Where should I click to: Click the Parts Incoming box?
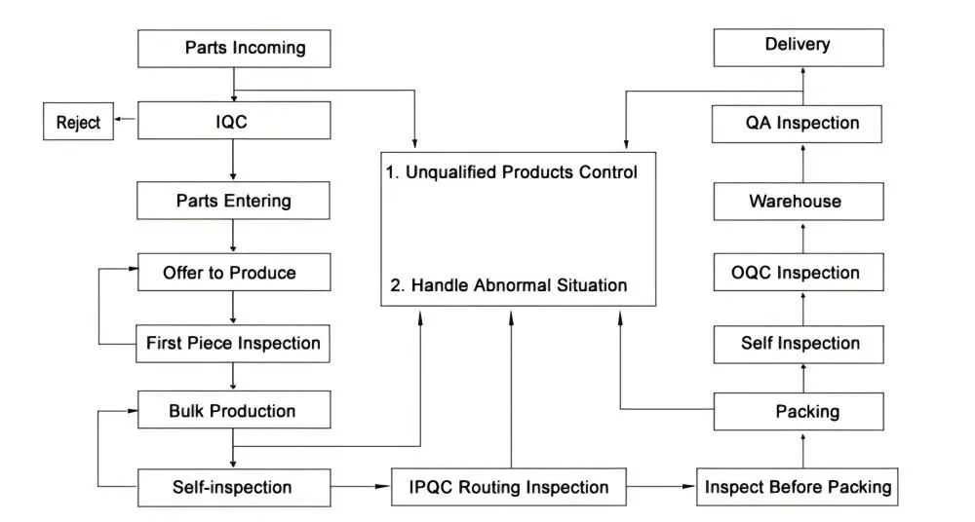tap(234, 48)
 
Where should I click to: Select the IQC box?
tap(234, 124)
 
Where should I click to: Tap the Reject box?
tap(77, 124)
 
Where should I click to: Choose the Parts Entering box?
tap(234, 202)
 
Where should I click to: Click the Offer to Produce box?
tap(234, 273)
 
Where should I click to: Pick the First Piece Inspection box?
tap(234, 343)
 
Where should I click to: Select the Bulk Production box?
tap(234, 411)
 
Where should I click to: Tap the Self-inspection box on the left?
tap(234, 486)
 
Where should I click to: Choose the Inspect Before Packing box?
tap(799, 486)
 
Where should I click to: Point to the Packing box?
tap(799, 411)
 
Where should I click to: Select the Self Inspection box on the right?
tap(799, 343)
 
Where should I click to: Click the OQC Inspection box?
tap(799, 273)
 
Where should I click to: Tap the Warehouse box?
tap(799, 202)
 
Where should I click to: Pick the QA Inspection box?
tap(799, 124)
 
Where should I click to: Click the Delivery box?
tap(799, 46)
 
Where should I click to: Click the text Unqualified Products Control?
tap(512, 172)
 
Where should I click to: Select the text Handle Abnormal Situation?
tap(507, 285)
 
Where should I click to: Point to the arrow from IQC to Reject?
tap(124, 123)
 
